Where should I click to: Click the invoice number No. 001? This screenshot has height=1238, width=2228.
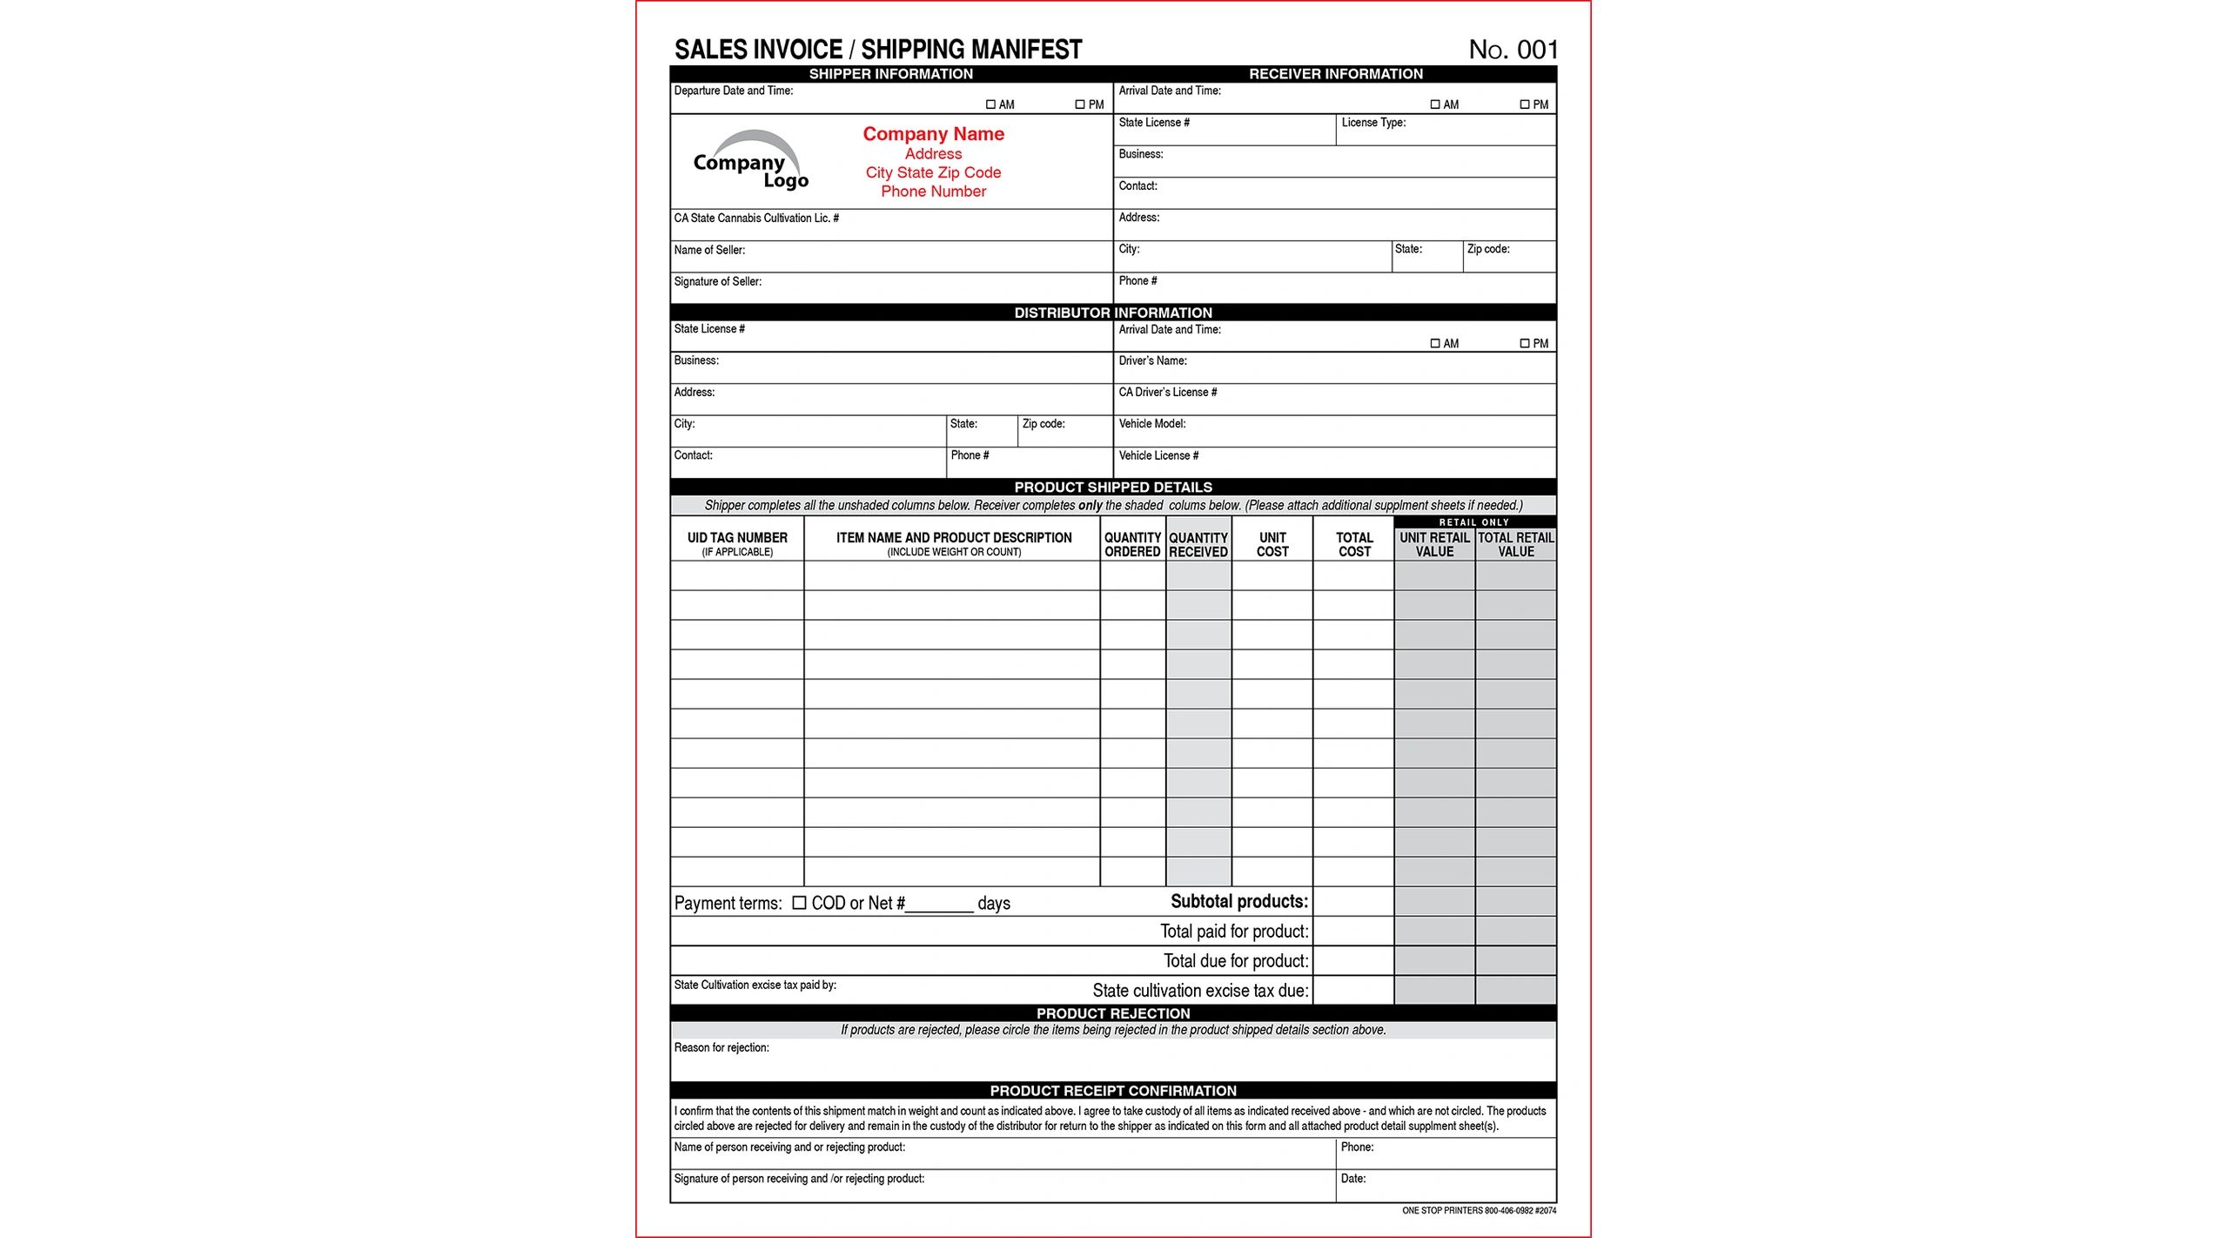[x=1513, y=50]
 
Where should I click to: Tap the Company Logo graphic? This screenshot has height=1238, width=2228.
[x=750, y=162]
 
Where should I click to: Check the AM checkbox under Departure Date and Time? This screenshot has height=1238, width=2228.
[x=990, y=104]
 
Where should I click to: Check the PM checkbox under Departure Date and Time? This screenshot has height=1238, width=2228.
[x=1080, y=104]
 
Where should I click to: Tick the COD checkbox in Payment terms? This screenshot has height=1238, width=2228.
[x=799, y=903]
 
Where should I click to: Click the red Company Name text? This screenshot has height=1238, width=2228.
[x=933, y=134]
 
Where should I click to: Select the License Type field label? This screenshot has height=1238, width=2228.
[x=1373, y=123]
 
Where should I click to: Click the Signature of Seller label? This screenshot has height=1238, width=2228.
[x=717, y=282]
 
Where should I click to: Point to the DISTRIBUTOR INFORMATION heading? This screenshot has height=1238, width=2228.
[x=1112, y=313]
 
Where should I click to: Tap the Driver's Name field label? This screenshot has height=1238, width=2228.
[x=1152, y=361]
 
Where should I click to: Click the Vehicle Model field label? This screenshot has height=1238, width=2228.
[x=1151, y=424]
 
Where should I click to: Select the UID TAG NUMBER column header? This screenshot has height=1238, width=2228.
[x=737, y=539]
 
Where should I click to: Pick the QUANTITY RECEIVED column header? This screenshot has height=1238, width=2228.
[x=1198, y=545]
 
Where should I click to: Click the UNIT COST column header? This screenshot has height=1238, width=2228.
[x=1272, y=545]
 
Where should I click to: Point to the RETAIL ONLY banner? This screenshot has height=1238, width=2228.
[x=1474, y=522]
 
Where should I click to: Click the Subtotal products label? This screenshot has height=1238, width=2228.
[x=1238, y=902]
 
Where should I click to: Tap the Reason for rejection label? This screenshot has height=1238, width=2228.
[x=721, y=1048]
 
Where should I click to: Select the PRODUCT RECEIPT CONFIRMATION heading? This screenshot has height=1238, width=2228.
[x=1112, y=1091]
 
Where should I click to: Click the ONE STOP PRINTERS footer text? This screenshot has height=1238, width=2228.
[x=1479, y=1211]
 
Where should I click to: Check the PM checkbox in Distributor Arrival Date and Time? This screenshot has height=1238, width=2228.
[x=1525, y=344]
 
